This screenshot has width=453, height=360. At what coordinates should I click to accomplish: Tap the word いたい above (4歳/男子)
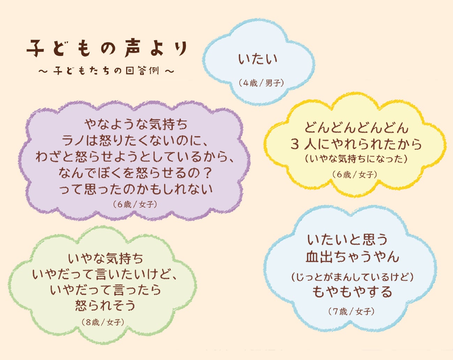tap(258, 59)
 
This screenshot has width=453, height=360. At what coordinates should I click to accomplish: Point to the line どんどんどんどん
tap(356, 128)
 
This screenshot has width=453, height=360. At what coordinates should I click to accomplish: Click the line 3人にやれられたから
tap(356, 144)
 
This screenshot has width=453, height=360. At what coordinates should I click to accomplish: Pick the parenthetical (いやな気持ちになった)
tap(356, 159)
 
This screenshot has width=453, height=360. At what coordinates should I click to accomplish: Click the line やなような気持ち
tap(136, 124)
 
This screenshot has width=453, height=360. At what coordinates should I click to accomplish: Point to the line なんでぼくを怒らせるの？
tap(136, 173)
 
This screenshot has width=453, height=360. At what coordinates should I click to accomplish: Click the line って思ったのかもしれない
tap(136, 189)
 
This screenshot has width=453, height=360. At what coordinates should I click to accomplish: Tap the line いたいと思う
tap(347, 240)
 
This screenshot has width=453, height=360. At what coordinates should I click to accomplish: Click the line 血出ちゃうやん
tap(352, 257)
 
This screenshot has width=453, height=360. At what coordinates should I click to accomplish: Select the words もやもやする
tap(352, 292)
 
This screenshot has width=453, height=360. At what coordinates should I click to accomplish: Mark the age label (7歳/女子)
tap(352, 312)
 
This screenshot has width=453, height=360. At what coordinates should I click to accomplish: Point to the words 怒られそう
tap(105, 305)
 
